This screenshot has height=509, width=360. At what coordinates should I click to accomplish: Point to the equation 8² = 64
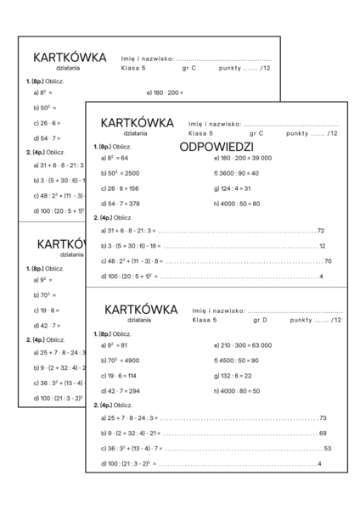[115, 158]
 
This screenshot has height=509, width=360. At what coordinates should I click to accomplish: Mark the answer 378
[131, 204]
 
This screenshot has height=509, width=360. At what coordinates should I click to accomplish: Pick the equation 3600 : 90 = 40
[237, 173]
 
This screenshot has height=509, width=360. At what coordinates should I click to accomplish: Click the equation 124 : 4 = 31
[233, 188]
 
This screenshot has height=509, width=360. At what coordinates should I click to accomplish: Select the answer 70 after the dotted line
[328, 261]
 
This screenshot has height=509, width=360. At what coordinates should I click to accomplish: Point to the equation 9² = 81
[115, 345]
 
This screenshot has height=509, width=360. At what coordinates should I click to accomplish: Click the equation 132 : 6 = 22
[233, 376]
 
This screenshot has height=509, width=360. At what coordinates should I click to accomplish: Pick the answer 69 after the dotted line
[323, 433]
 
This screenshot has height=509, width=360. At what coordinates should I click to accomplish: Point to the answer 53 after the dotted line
[328, 449]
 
